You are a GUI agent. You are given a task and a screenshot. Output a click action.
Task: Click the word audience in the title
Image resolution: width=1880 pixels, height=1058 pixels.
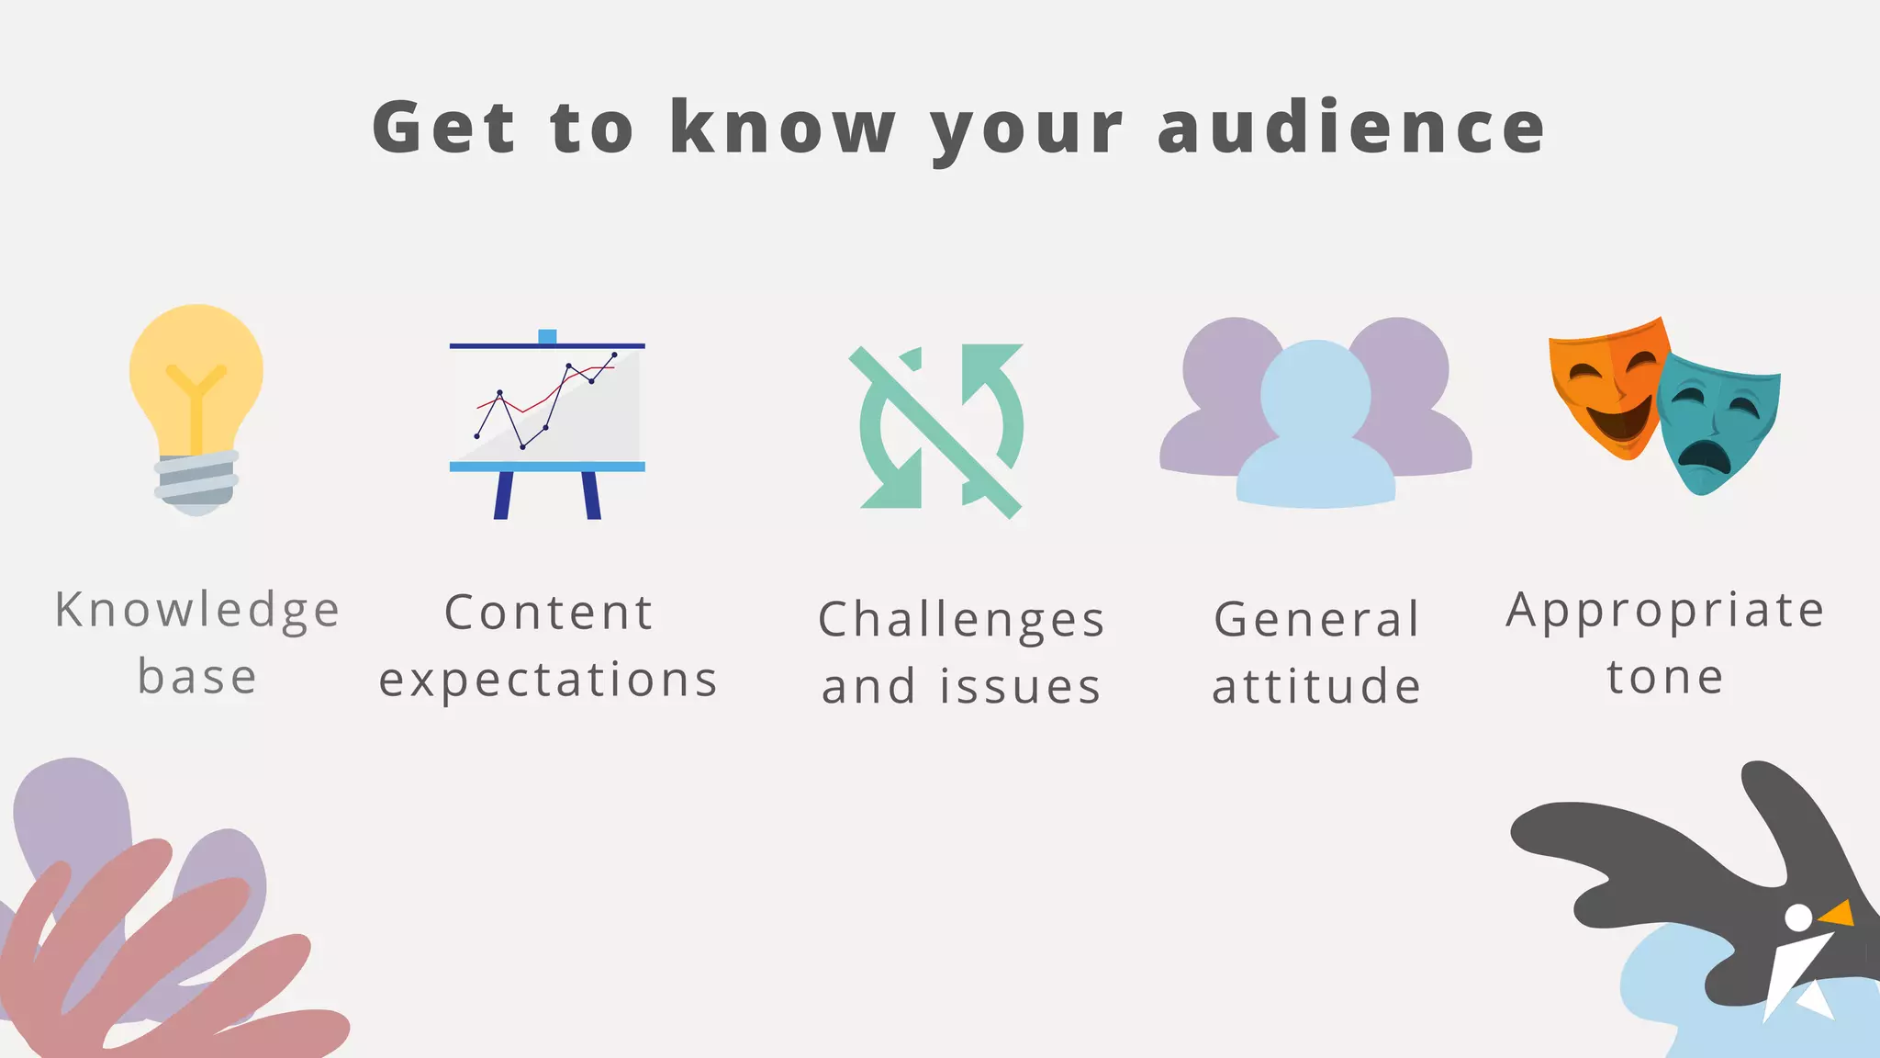pyautogui.click(x=1351, y=128)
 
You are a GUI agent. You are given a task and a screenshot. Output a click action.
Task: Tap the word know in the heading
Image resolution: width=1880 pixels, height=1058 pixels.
pyautogui.click(x=782, y=128)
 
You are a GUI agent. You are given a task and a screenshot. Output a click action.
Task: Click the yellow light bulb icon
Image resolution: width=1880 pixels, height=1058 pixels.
pyautogui.click(x=196, y=386)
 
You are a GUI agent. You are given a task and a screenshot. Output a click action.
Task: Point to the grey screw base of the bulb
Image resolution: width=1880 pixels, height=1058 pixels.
pyautogui.click(x=196, y=479)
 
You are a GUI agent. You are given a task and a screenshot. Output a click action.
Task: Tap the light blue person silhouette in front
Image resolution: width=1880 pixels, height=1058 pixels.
pyautogui.click(x=1315, y=432)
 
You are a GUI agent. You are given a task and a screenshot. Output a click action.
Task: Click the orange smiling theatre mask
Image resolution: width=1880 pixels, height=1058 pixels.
pyautogui.click(x=1608, y=386)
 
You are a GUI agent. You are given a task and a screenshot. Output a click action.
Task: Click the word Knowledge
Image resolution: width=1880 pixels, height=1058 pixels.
pyautogui.click(x=197, y=611)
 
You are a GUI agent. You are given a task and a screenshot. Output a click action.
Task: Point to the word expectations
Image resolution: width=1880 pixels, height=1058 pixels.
pyautogui.click(x=548, y=681)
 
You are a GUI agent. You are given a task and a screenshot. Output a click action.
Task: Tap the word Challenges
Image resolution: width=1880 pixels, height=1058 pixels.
pyautogui.click(x=961, y=620)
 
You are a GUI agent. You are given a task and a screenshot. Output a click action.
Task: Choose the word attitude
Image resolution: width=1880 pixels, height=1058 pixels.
pyautogui.click(x=1316, y=687)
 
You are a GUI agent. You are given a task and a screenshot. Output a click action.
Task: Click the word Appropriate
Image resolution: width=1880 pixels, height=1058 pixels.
pyautogui.click(x=1665, y=611)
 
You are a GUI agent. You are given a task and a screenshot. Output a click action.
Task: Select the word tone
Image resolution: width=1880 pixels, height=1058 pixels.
pyautogui.click(x=1665, y=678)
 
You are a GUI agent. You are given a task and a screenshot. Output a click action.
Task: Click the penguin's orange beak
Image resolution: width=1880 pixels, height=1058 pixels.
pyautogui.click(x=1839, y=914)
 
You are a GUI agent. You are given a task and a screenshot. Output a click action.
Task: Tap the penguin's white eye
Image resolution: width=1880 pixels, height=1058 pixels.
pyautogui.click(x=1798, y=917)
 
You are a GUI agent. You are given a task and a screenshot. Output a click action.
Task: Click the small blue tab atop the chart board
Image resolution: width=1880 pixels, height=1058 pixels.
pyautogui.click(x=547, y=336)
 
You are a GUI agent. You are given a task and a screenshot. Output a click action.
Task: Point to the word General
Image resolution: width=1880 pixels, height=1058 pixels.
pyautogui.click(x=1316, y=620)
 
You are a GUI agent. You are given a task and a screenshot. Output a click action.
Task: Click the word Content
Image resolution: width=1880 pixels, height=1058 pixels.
pyautogui.click(x=548, y=613)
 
